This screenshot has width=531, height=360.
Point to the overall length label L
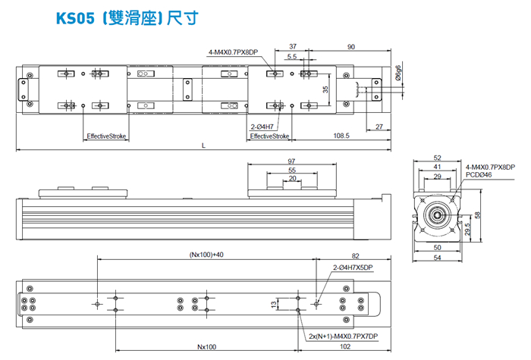(x=203, y=146)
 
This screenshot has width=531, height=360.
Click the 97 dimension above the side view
(x=292, y=162)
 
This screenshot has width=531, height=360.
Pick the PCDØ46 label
(x=479, y=175)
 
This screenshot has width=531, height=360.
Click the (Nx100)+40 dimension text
(x=206, y=255)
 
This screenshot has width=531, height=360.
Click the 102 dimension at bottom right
(x=344, y=346)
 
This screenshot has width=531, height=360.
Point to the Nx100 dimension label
(x=206, y=346)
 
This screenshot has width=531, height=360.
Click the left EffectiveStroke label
(x=107, y=136)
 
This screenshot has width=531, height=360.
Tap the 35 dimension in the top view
(x=325, y=89)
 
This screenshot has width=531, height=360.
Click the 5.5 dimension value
(x=292, y=57)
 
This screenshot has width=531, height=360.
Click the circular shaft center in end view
(x=438, y=214)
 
